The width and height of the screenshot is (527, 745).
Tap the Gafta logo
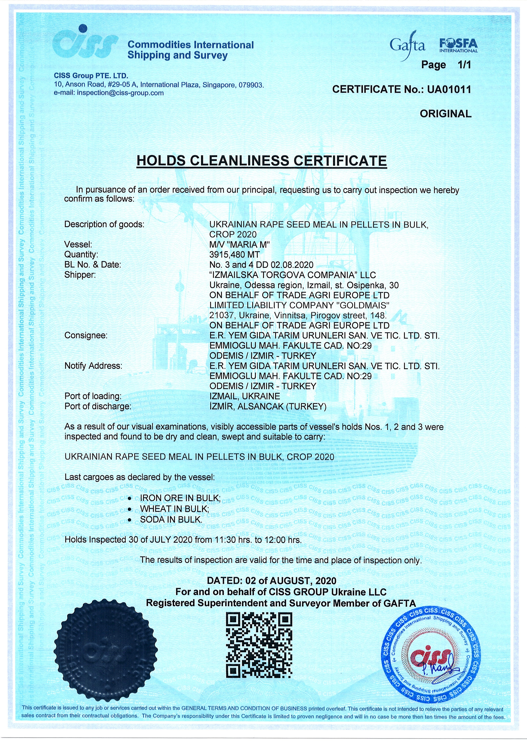click(408, 46)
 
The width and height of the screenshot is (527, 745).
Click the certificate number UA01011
click(449, 90)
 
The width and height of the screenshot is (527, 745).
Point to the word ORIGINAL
click(445, 114)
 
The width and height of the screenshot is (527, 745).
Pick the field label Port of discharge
click(98, 406)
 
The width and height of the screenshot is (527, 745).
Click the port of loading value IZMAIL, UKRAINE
click(245, 396)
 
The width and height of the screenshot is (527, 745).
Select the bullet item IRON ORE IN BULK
click(180, 498)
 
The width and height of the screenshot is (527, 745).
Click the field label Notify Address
click(93, 366)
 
